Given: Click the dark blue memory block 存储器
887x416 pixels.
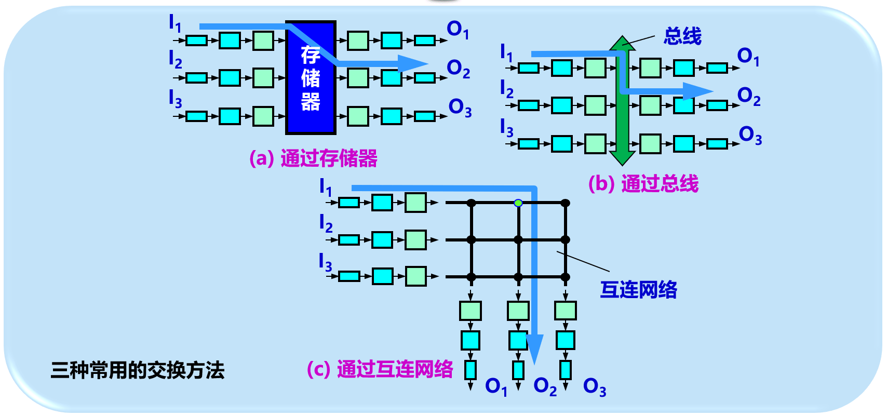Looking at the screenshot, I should click(x=311, y=78).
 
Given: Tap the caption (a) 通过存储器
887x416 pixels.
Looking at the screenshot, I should click(x=313, y=158).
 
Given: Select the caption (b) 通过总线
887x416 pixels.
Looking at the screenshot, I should click(x=643, y=184).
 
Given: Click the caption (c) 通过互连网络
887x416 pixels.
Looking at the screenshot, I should click(x=380, y=369).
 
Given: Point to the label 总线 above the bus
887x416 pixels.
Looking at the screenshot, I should click(x=682, y=36).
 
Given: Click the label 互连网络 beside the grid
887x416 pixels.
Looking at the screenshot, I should click(x=638, y=290).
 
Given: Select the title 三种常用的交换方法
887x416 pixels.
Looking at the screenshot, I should click(x=138, y=370).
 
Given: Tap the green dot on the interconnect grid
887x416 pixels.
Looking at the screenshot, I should click(x=518, y=203).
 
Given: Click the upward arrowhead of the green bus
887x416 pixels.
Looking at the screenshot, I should click(x=622, y=43).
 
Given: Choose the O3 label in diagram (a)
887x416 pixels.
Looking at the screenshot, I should click(x=460, y=108).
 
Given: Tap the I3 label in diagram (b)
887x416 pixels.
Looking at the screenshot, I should click(x=506, y=128).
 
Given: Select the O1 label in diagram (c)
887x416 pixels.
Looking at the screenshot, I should click(x=495, y=386).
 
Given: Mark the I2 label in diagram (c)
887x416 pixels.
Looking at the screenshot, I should click(x=325, y=223).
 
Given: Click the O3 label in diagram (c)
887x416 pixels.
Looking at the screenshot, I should click(x=594, y=387).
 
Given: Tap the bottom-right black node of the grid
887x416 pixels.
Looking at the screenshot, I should click(x=566, y=277).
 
